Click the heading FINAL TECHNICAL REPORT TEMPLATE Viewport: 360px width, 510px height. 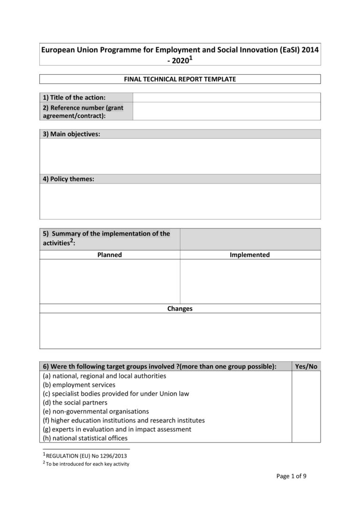[180, 79]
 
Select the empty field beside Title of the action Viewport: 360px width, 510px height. [226, 98]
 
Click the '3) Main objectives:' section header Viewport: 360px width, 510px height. [72, 134]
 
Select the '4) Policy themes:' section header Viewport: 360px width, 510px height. [68, 179]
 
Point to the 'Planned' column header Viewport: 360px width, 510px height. [109, 255]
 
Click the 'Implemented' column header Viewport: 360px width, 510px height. [250, 255]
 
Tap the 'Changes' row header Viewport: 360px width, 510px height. [180, 309]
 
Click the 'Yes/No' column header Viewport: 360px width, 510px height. [306, 366]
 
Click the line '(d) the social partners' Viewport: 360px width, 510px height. [75, 403]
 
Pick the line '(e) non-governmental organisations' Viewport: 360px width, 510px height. [96, 411]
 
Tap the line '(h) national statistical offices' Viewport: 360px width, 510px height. [85, 438]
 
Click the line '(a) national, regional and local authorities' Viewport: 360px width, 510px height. [104, 376]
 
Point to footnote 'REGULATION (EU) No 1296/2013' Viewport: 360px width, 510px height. [86, 456]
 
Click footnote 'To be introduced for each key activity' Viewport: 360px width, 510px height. [88, 464]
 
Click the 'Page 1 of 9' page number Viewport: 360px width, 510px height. [291, 476]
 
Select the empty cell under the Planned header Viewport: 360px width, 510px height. [110, 281]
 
